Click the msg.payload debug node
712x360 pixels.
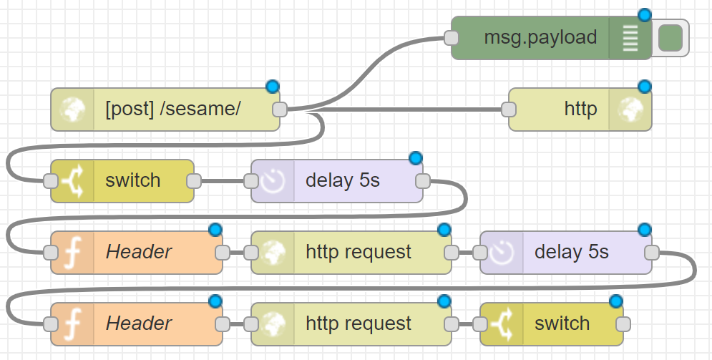click(540, 38)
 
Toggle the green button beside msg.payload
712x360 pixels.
click(670, 38)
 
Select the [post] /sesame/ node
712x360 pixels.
click(172, 110)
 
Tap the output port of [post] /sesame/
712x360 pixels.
click(280, 110)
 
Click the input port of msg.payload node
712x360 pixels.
click(451, 38)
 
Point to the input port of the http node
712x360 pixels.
click(509, 110)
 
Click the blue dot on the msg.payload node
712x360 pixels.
click(645, 15)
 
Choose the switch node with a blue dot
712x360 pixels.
click(562, 323)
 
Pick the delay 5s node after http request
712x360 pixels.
click(571, 252)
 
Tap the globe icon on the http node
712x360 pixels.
click(630, 110)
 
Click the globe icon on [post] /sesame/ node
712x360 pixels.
click(72, 110)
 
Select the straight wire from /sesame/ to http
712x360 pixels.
click(401, 110)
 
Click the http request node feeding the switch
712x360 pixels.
click(358, 323)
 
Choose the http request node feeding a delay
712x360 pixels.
click(358, 252)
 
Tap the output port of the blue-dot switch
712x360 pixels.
click(623, 323)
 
